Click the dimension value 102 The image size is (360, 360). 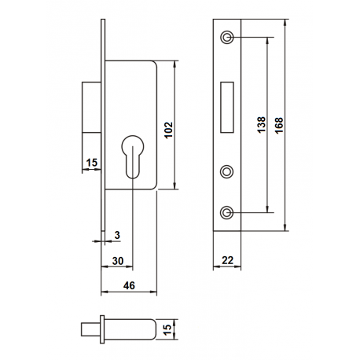[169, 130]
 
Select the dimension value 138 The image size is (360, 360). [261, 125]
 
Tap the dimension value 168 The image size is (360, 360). [279, 125]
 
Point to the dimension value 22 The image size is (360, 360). [227, 260]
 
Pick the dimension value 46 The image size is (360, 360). [129, 285]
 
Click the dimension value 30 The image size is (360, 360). [118, 261]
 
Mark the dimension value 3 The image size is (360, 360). [117, 235]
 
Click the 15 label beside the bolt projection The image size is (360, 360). [92, 163]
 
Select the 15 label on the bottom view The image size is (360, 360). [167, 329]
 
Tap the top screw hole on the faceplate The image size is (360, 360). [227, 37]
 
